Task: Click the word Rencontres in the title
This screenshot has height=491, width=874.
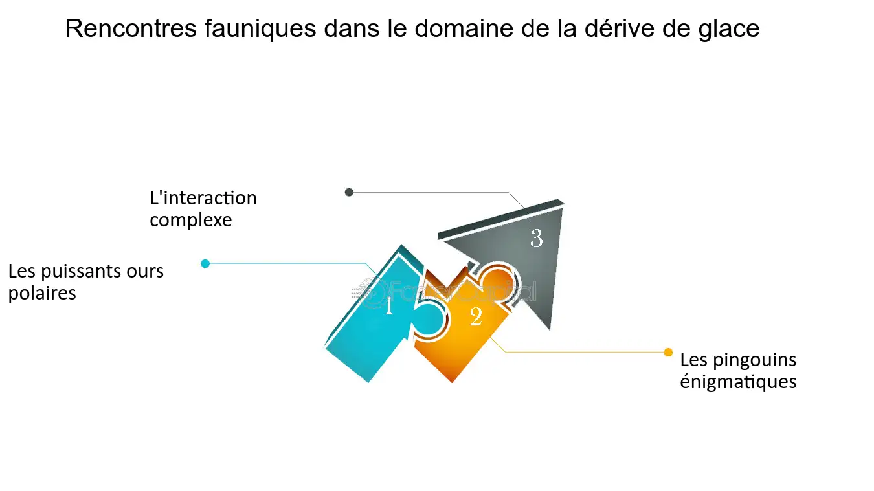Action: pos(131,28)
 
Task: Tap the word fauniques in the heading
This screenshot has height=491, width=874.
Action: pos(260,29)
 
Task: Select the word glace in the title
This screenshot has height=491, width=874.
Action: pos(728,29)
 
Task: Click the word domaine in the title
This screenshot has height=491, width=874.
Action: pos(464,28)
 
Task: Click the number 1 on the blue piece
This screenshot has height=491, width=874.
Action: pos(388,306)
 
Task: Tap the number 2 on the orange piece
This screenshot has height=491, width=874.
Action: pos(476,316)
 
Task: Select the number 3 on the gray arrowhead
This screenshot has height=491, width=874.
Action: pos(537,238)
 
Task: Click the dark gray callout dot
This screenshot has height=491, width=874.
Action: pos(349,192)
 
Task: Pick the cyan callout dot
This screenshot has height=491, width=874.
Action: pos(205,264)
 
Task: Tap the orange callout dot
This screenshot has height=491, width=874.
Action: pos(668,352)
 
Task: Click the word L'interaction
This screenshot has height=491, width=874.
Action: pos(203,198)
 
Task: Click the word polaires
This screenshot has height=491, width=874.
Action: pos(42,294)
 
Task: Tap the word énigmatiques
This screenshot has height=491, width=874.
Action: pos(738,382)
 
